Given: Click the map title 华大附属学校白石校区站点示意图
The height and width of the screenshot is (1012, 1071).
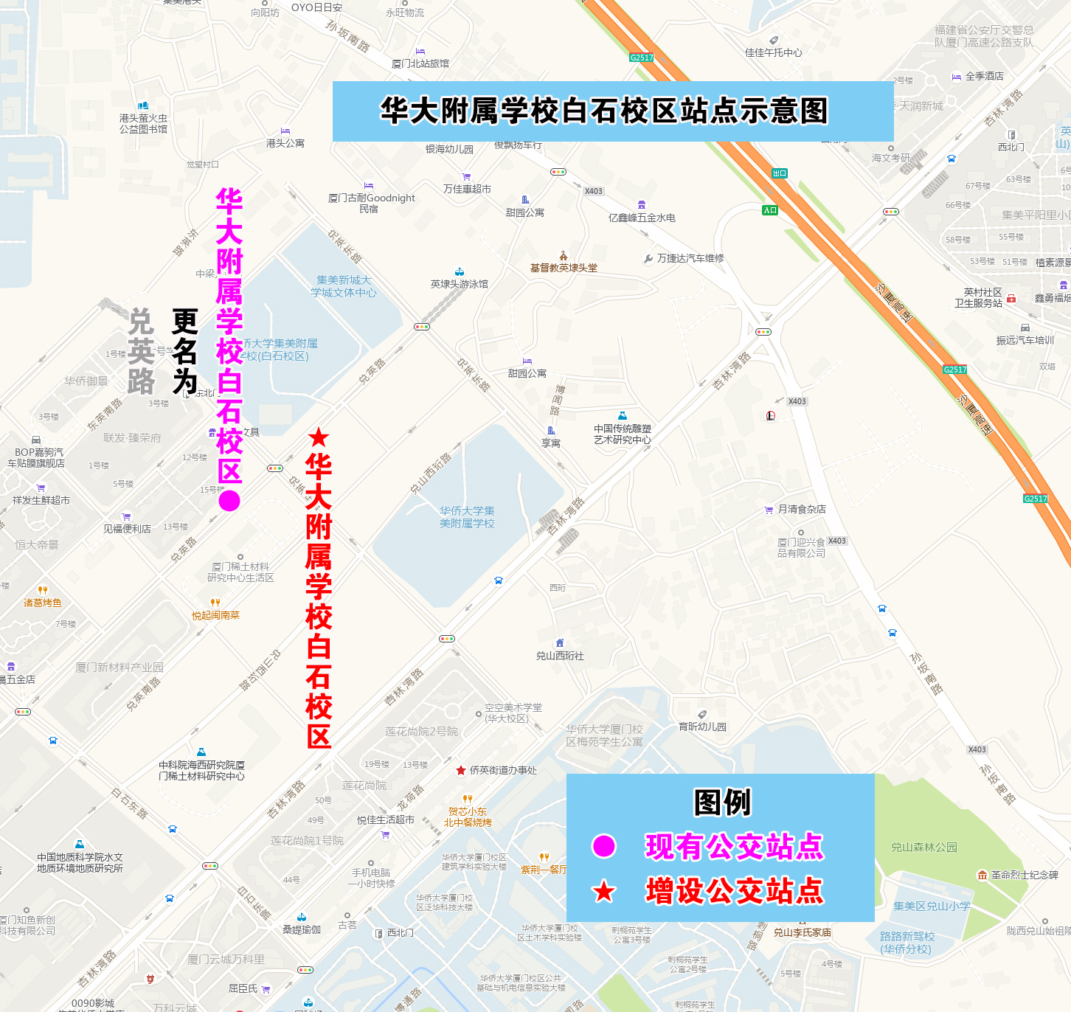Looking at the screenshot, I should pyautogui.click(x=604, y=111).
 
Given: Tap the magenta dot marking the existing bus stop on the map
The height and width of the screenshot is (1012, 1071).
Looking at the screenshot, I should pyautogui.click(x=229, y=501).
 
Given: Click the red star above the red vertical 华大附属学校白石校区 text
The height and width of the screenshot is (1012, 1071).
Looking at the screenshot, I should pyautogui.click(x=319, y=437).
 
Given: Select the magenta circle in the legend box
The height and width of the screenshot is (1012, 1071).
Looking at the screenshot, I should pyautogui.click(x=604, y=846).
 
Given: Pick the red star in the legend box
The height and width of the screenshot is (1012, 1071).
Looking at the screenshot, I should pyautogui.click(x=604, y=891).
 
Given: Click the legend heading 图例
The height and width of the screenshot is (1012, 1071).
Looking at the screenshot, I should pyautogui.click(x=721, y=803).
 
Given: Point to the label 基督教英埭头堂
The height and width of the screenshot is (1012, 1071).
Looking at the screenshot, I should pyautogui.click(x=564, y=268).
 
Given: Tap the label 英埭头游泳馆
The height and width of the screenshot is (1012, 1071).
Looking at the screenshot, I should pyautogui.click(x=459, y=283).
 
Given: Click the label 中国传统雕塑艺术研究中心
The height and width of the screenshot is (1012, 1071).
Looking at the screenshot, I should pyautogui.click(x=623, y=434).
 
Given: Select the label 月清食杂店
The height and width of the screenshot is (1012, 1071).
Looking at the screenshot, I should pyautogui.click(x=801, y=509).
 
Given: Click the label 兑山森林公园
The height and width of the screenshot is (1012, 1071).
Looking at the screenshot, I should pyautogui.click(x=923, y=847).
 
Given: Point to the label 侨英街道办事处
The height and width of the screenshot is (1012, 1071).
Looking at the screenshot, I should pyautogui.click(x=503, y=770).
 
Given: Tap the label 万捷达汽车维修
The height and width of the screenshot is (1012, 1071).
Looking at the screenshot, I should pyautogui.click(x=690, y=258).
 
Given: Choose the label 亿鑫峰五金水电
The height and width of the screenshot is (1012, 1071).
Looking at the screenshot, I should pyautogui.click(x=642, y=218).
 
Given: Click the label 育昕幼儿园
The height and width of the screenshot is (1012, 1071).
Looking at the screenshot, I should pyautogui.click(x=702, y=727).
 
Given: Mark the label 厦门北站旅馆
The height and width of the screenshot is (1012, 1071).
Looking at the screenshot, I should pyautogui.click(x=420, y=63).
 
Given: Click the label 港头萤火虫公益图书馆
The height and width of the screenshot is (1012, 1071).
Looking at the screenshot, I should pyautogui.click(x=143, y=123).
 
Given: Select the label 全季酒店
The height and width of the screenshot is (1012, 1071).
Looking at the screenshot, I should pyautogui.click(x=984, y=76).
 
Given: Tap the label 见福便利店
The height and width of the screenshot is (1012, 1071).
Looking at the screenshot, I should pyautogui.click(x=127, y=529).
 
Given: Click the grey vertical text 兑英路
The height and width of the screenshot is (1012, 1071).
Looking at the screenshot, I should pyautogui.click(x=141, y=352).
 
